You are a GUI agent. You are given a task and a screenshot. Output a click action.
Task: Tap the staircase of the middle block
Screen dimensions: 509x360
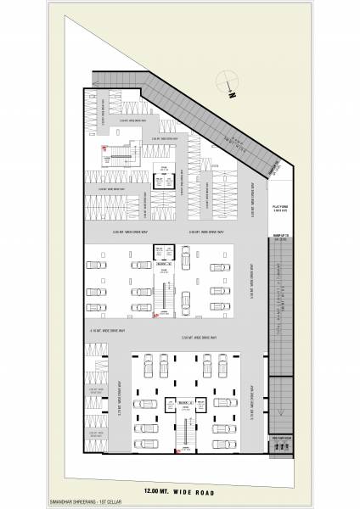[x=167, y=298]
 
